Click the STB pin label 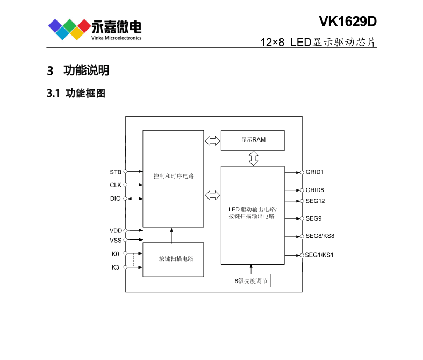point(116,172)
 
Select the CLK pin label point(116,185)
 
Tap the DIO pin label point(116,199)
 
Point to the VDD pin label point(116,230)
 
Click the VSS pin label point(116,240)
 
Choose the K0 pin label point(116,253)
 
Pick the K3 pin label point(116,267)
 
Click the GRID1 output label point(315,172)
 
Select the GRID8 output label point(315,190)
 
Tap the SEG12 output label point(315,201)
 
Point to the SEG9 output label point(313,218)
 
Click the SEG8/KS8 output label point(320,236)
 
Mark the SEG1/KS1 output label point(320,255)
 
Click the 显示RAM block point(253,140)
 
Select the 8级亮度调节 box point(250,281)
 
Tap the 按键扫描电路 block point(173,259)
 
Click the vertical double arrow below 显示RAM point(253,158)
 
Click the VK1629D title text point(348,22)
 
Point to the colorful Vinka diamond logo point(69,29)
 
